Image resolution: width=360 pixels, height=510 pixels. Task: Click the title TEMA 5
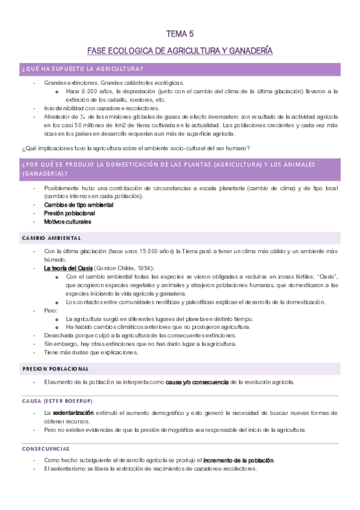[x=180, y=34]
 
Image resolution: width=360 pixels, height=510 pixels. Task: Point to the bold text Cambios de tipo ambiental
[x=79, y=204]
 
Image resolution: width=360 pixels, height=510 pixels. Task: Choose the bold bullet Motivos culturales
[x=67, y=221]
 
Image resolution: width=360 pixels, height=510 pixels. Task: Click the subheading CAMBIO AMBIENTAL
[x=47, y=238]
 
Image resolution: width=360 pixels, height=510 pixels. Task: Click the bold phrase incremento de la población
[x=238, y=460]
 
